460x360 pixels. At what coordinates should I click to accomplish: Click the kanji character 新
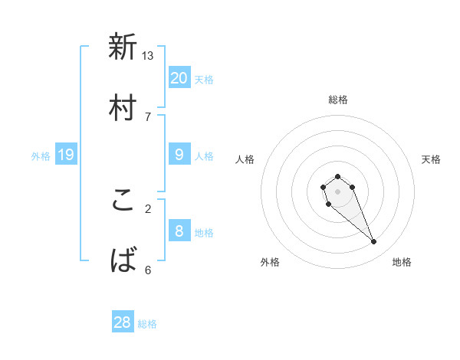[123, 47]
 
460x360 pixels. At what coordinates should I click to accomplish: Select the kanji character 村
[123, 107]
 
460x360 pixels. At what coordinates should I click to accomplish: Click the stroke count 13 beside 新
[148, 55]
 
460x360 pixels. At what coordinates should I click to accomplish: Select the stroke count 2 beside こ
[147, 208]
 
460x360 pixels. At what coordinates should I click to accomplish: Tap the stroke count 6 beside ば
[147, 270]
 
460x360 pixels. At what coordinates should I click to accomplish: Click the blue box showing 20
[179, 77]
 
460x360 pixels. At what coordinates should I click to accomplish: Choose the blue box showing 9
[179, 155]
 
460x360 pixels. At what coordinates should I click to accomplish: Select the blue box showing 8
[179, 231]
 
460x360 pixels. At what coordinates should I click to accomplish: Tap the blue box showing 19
[66, 155]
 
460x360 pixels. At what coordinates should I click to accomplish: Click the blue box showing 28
[123, 322]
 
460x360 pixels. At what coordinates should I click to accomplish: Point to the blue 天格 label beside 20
[204, 79]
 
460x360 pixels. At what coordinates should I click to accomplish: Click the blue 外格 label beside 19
[41, 156]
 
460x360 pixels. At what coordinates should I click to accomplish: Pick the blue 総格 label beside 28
[147, 324]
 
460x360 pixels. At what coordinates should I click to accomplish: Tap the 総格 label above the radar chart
[338, 100]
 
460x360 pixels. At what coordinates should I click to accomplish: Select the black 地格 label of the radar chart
[402, 262]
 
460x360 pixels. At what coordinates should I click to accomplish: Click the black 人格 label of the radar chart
[245, 159]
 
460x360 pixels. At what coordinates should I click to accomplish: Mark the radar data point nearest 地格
[374, 242]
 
